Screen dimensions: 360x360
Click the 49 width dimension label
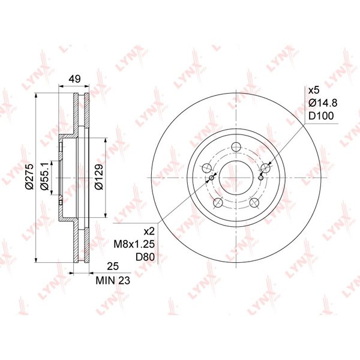[x=75, y=79]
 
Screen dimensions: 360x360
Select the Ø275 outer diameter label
[x=30, y=177]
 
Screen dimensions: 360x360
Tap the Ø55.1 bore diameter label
[x=44, y=176]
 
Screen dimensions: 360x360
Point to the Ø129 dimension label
[x=99, y=177]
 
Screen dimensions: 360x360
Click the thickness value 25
[x=113, y=266]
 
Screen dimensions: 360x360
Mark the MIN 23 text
[x=113, y=280]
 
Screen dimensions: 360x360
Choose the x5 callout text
[x=314, y=90]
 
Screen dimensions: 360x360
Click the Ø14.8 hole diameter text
[x=323, y=103]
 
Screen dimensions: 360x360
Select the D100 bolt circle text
[x=321, y=116]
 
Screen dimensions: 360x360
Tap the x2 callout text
[x=149, y=232]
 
